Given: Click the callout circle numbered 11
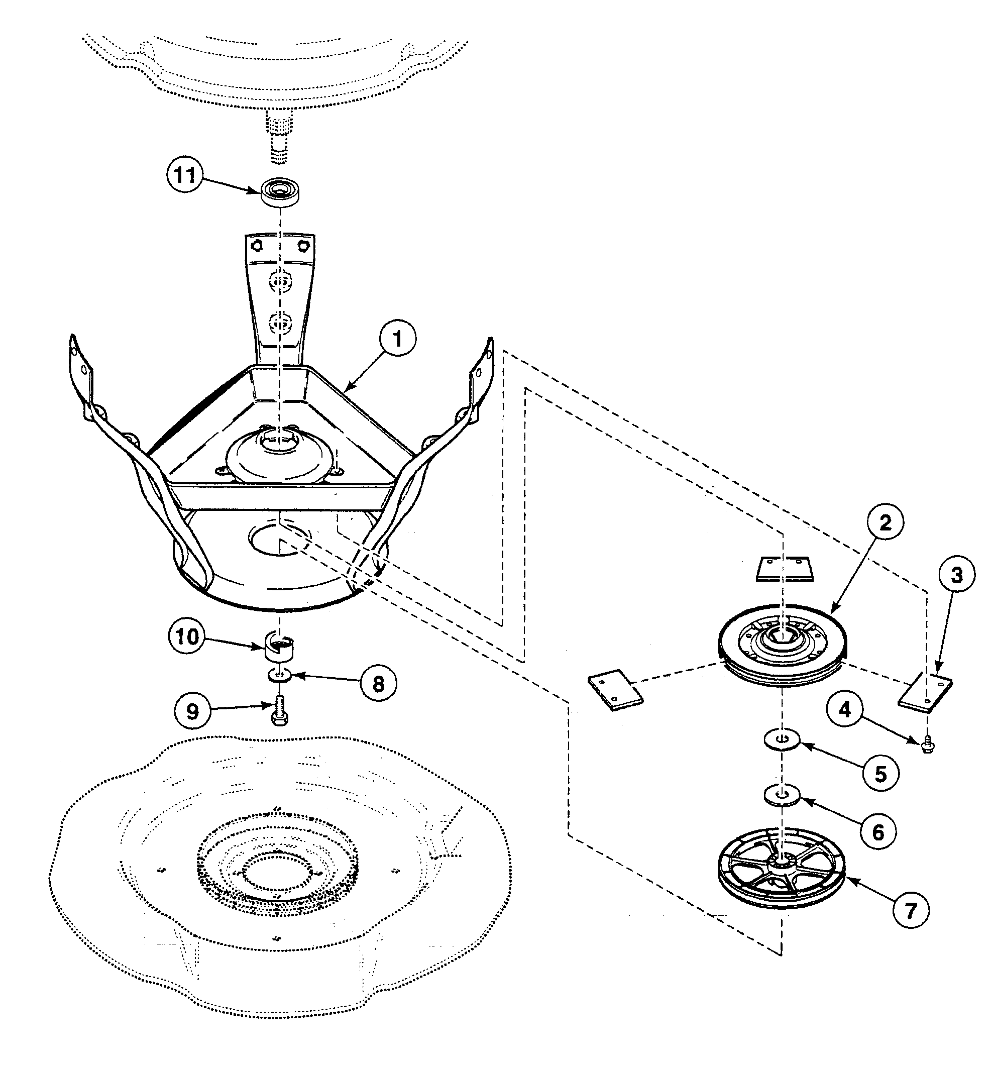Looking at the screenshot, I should click(184, 175).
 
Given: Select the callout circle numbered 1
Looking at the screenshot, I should click(397, 339).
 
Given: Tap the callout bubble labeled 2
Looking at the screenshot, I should click(886, 522).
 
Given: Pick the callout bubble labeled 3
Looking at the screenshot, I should click(957, 575).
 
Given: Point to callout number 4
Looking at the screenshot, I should click(845, 710).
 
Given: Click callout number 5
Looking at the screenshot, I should click(881, 774).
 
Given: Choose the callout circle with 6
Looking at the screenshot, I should click(878, 832).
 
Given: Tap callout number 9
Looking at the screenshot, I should click(192, 711).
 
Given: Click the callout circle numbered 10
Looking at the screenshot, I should click(187, 637).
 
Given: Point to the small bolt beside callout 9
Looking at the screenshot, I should click(279, 711).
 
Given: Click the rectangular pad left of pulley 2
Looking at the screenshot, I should click(615, 690).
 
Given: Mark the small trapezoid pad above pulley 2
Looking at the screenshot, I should click(785, 569).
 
